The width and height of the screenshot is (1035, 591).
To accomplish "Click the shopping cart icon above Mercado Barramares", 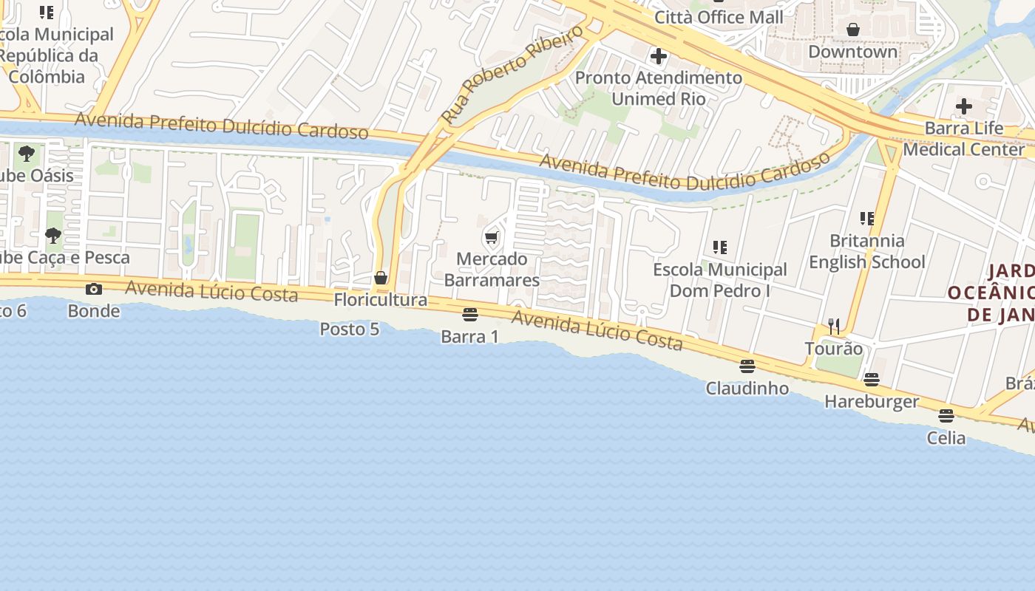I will (492, 238).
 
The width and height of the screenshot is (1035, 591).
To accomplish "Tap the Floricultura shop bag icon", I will (381, 279).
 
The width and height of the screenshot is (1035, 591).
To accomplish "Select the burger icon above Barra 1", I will (469, 315).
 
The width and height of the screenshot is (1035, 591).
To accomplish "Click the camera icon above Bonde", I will (94, 289).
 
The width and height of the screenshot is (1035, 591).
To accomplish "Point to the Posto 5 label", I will (350, 329).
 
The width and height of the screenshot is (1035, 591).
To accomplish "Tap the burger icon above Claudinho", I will (747, 366).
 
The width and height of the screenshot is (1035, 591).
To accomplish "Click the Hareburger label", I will (872, 402).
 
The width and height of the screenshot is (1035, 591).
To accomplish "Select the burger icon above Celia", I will (946, 416).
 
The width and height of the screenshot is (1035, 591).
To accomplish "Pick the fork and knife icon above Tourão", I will (834, 326).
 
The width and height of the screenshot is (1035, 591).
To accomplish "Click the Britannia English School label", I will (866, 251).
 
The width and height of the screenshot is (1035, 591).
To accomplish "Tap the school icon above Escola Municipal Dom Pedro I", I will (720, 247).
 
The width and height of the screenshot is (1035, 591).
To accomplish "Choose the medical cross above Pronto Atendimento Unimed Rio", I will (658, 56).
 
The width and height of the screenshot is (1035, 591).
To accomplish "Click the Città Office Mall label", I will (719, 17).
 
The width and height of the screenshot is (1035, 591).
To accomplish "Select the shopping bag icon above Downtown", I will (853, 30).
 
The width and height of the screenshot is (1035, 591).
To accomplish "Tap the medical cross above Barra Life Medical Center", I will (963, 106).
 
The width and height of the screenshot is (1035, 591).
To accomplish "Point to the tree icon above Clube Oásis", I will (27, 154).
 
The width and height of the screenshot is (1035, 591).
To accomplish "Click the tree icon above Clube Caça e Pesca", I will (52, 236).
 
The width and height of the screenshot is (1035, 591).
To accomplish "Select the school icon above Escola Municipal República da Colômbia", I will (47, 13).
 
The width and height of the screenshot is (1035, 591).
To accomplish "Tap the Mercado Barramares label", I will (492, 270).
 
